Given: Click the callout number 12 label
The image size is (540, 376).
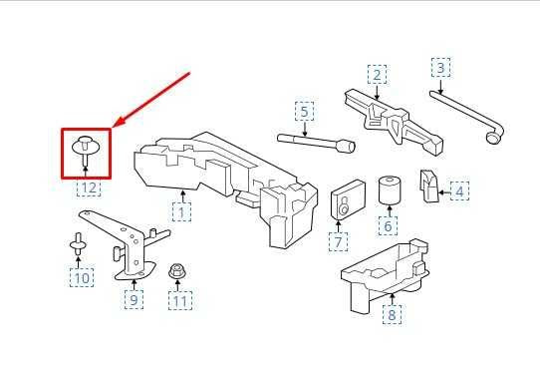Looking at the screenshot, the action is (89, 188).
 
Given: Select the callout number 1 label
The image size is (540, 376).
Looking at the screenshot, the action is (181, 212).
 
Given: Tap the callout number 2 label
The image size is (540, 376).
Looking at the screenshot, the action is (378, 75).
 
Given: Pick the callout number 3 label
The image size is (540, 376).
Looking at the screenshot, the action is (440, 68).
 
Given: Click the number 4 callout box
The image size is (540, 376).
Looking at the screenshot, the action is (459, 191).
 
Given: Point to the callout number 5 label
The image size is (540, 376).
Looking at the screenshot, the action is (305, 112).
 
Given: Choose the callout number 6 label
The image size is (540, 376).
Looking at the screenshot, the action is (388, 225).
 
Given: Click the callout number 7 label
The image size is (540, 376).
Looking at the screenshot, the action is (338, 241).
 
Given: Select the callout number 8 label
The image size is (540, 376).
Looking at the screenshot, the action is (392, 314).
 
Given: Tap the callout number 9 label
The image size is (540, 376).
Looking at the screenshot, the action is (134, 299).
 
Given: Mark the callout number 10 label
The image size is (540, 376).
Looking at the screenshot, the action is (82, 278).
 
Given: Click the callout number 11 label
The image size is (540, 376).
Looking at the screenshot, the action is (180, 300).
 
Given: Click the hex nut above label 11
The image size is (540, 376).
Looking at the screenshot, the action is (177, 271).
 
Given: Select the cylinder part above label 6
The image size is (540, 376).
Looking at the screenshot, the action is (390, 190).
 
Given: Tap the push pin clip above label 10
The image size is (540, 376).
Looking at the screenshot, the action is (78, 244).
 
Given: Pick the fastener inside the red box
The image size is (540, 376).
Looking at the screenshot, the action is (86, 151).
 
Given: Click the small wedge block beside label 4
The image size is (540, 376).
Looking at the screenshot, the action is (428, 186).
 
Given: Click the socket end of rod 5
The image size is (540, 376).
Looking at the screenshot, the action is (347, 147).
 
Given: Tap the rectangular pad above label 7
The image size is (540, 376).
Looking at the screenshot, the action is (348, 199).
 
